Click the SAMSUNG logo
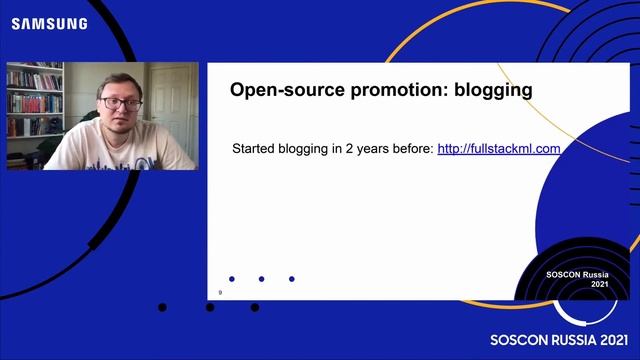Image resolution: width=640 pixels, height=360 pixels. coord(49,23)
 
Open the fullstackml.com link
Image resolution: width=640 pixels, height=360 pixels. coord(498,149)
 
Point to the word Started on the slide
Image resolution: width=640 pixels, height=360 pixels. coord(257,149)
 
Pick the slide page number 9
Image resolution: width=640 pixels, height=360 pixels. coord(220,292)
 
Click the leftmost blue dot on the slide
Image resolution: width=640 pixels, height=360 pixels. coord(232,279)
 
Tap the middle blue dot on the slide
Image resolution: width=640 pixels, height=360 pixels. coord(261,279)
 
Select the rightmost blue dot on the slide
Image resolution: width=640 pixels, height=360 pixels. coord(291,279)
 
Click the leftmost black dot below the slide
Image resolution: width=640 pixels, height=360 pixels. coord(162,307)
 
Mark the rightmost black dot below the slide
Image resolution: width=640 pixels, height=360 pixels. coord(255,307)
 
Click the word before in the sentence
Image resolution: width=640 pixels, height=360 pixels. coord(411,149)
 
